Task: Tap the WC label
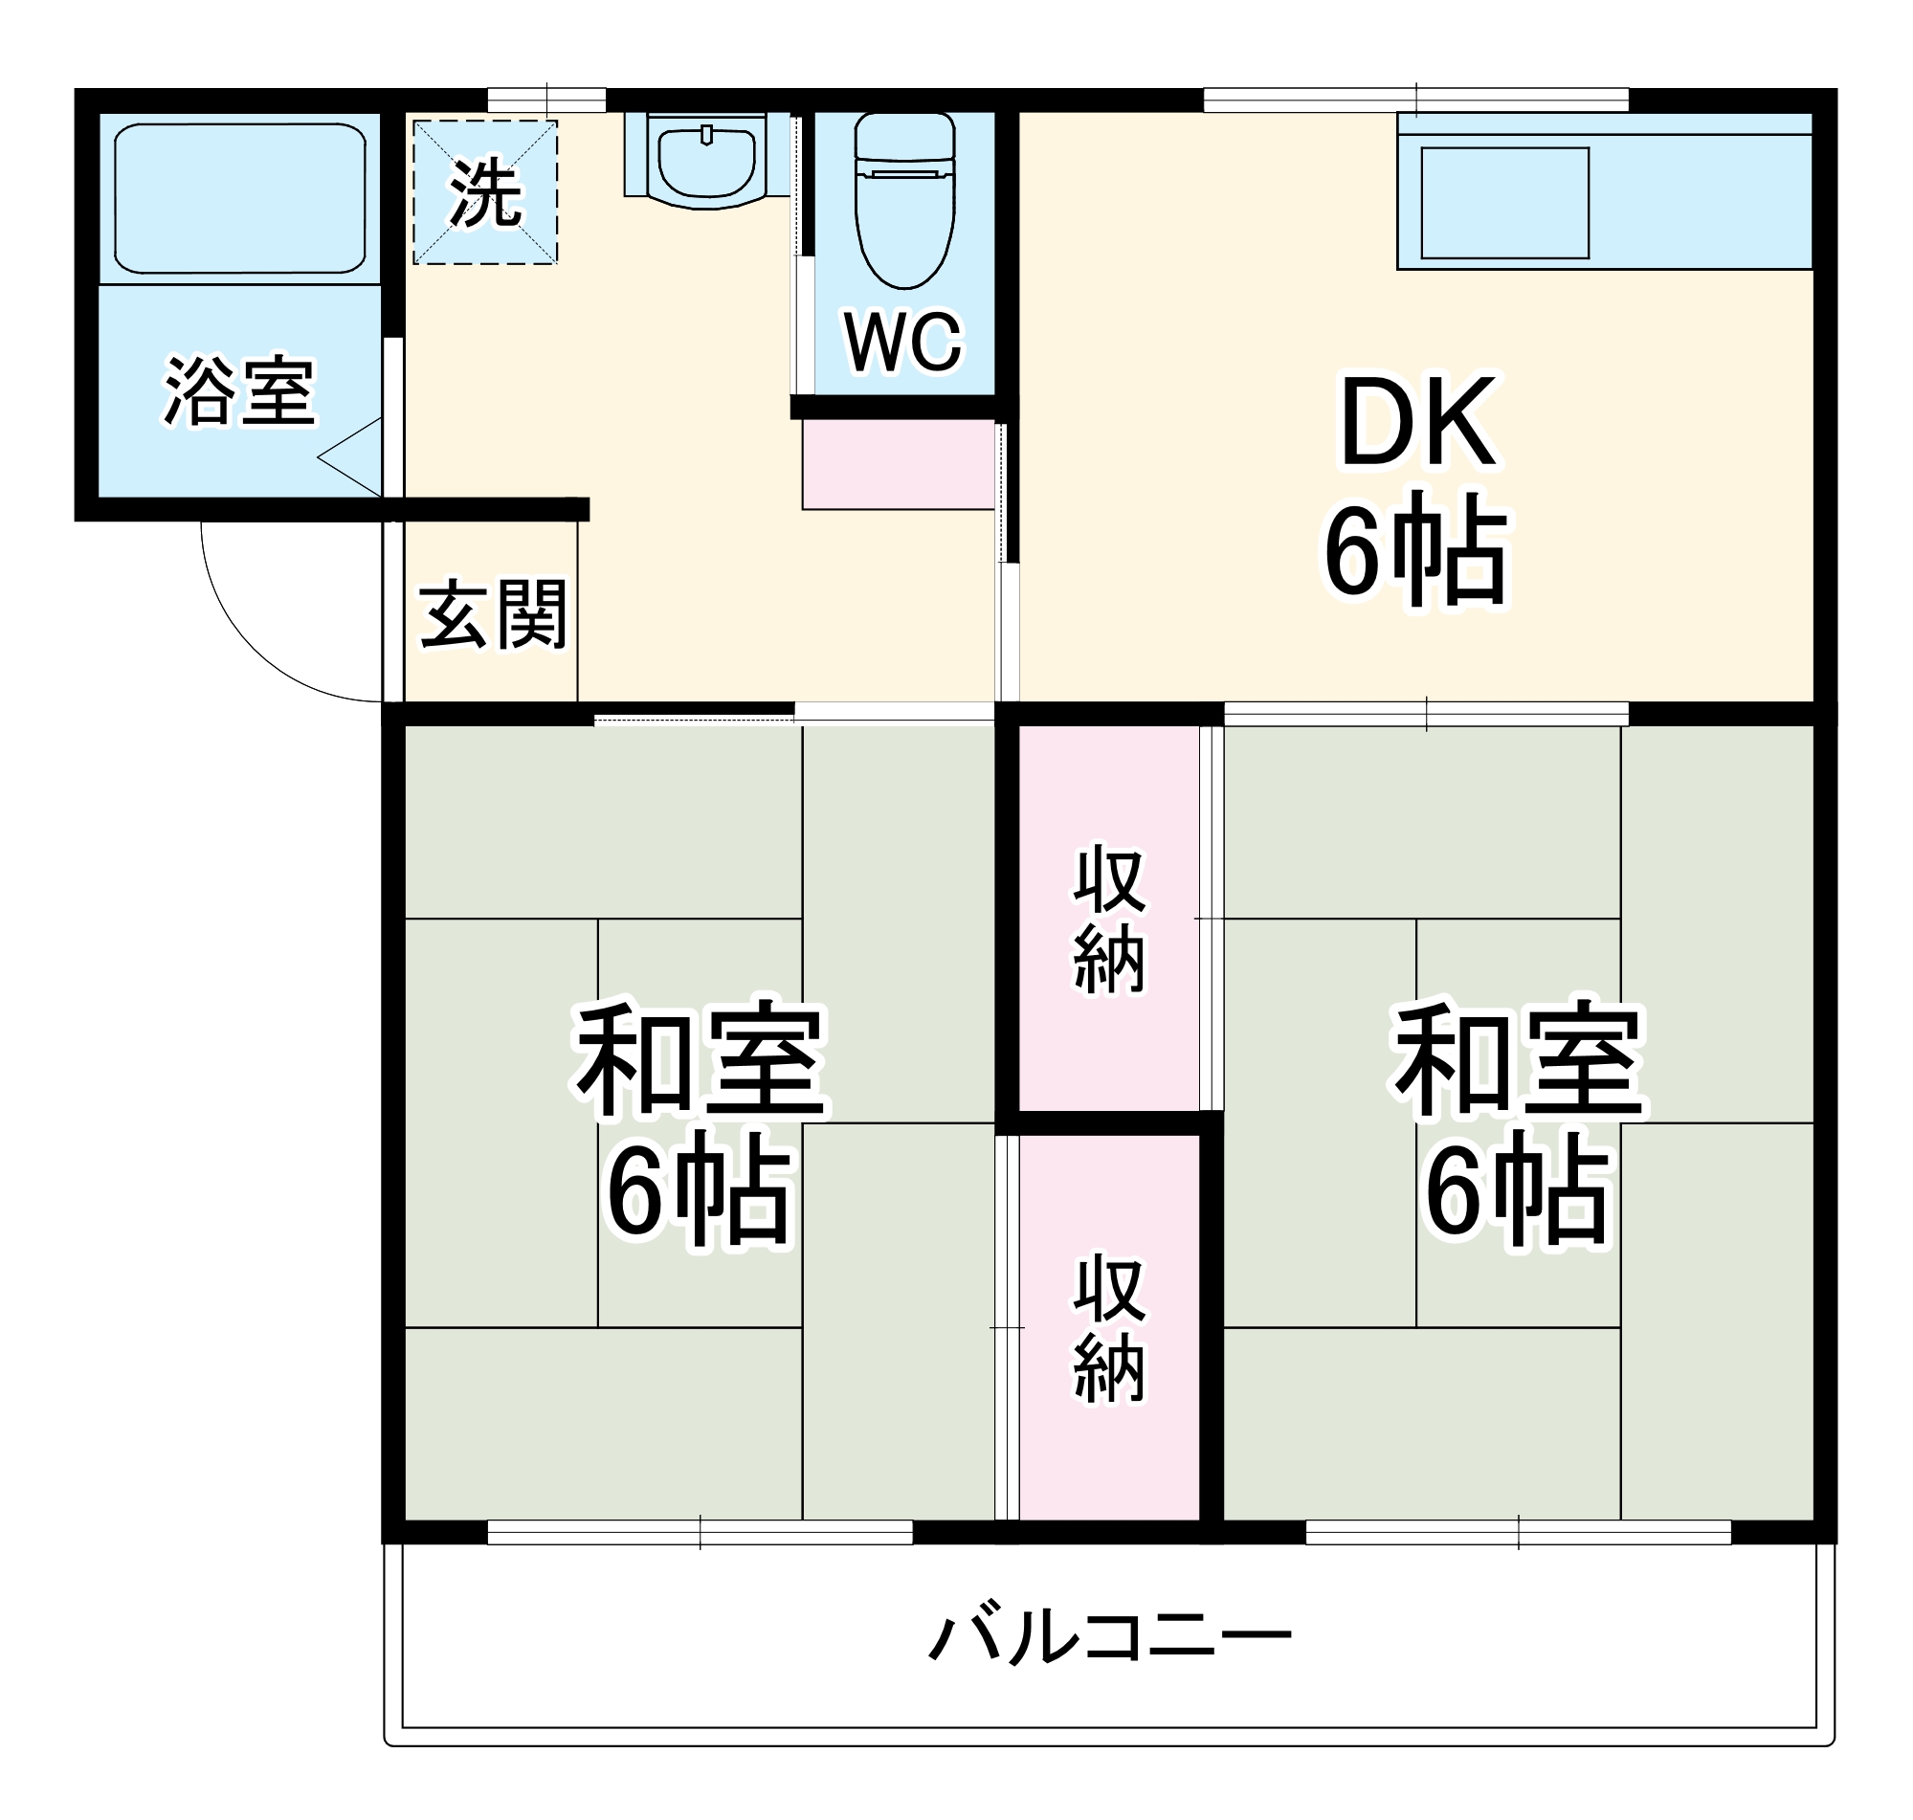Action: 903,342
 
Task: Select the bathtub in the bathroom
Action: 239,198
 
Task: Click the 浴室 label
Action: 238,392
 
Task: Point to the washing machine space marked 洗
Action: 485,192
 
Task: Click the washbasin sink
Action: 706,161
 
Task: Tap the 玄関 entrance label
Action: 493,615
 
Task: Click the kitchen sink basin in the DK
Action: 1504,203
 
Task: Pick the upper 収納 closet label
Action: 1110,920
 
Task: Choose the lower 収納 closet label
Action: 1110,1329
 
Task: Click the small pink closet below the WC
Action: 899,465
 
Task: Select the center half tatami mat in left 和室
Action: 700,1122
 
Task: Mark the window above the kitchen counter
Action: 1416,99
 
